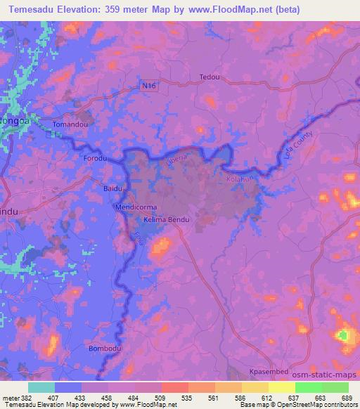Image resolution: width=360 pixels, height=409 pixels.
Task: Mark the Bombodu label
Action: (103, 349)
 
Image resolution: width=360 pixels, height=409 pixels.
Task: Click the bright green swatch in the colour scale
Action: (307, 387)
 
